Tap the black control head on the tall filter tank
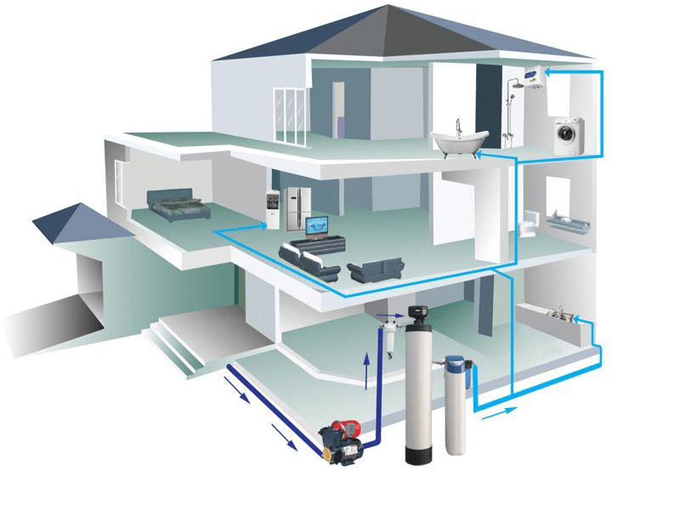coord(418,318)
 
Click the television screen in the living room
coord(318,225)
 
